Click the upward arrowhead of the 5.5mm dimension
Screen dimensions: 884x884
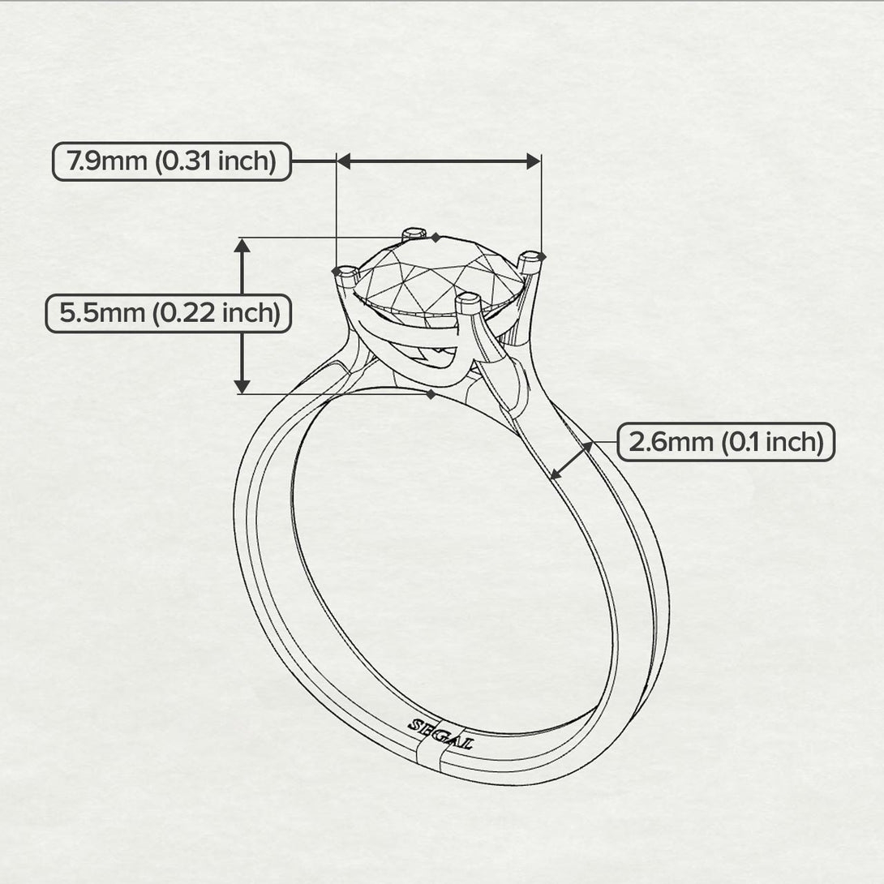pos(242,246)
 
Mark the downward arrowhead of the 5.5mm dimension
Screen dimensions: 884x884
pos(242,386)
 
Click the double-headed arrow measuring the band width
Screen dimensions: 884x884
pos(571,461)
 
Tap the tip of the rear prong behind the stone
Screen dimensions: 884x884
pos(415,233)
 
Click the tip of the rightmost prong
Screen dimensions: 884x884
pos(531,258)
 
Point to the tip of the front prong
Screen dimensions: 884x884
pos(468,299)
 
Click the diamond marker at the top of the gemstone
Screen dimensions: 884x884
pos(436,237)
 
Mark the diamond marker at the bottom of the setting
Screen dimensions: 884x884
pos(431,394)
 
